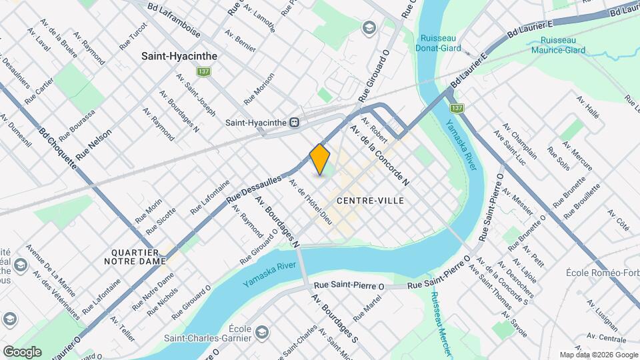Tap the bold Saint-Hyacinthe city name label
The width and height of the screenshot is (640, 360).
click(177, 57)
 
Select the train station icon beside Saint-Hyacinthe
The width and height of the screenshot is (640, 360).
click(294, 123)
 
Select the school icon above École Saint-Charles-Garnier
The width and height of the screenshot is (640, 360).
click(262, 332)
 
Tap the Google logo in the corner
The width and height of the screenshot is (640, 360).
click(22, 351)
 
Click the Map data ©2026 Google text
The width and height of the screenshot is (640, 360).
click(598, 355)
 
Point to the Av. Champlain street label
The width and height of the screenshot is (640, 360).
click(521, 136)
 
